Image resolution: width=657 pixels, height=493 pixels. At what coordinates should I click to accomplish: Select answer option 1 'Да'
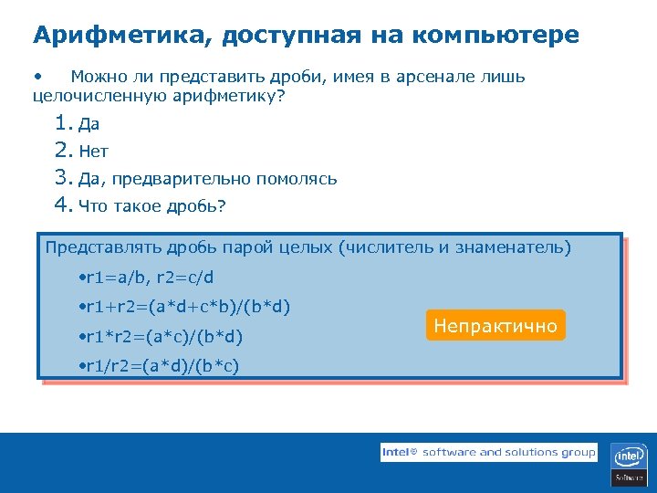pyautogui.click(x=89, y=125)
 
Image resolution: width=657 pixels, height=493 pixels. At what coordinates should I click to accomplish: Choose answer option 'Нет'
pyautogui.click(x=93, y=152)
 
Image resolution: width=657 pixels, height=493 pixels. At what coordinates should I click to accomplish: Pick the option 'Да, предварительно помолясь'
pyautogui.click(x=207, y=179)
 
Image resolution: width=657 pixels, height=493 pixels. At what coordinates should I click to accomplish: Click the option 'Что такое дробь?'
pyautogui.click(x=151, y=205)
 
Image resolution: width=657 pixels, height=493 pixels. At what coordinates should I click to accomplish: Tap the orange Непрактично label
pyautogui.click(x=495, y=326)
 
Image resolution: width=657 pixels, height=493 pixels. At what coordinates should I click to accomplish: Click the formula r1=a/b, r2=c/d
pyautogui.click(x=150, y=278)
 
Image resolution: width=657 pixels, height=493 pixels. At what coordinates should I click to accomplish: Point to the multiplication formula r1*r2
pyautogui.click(x=164, y=338)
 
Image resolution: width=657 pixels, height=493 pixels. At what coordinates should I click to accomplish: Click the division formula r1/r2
pyautogui.click(x=162, y=367)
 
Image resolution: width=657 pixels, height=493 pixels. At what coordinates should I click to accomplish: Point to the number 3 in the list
pyautogui.click(x=62, y=178)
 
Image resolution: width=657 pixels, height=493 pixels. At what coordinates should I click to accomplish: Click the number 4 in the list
pyautogui.click(x=62, y=205)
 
